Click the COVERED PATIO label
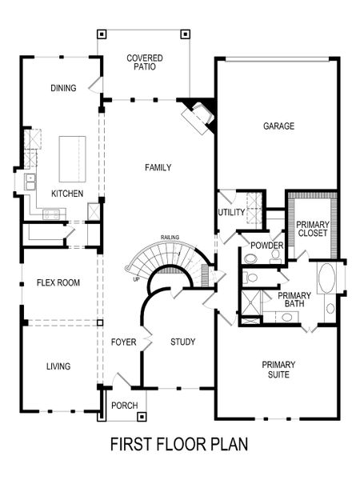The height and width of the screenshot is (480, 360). [145, 63]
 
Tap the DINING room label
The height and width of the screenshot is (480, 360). [63, 88]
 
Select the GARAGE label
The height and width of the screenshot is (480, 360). [279, 126]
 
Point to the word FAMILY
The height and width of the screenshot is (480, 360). [158, 167]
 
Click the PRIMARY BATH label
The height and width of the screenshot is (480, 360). [294, 300]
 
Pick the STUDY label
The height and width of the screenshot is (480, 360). [182, 342]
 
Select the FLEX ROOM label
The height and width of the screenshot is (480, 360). [57, 282]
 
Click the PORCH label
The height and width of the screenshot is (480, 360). [123, 404]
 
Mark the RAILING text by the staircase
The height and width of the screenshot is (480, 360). [169, 237]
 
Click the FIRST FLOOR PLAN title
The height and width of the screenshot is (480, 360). [179, 442]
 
